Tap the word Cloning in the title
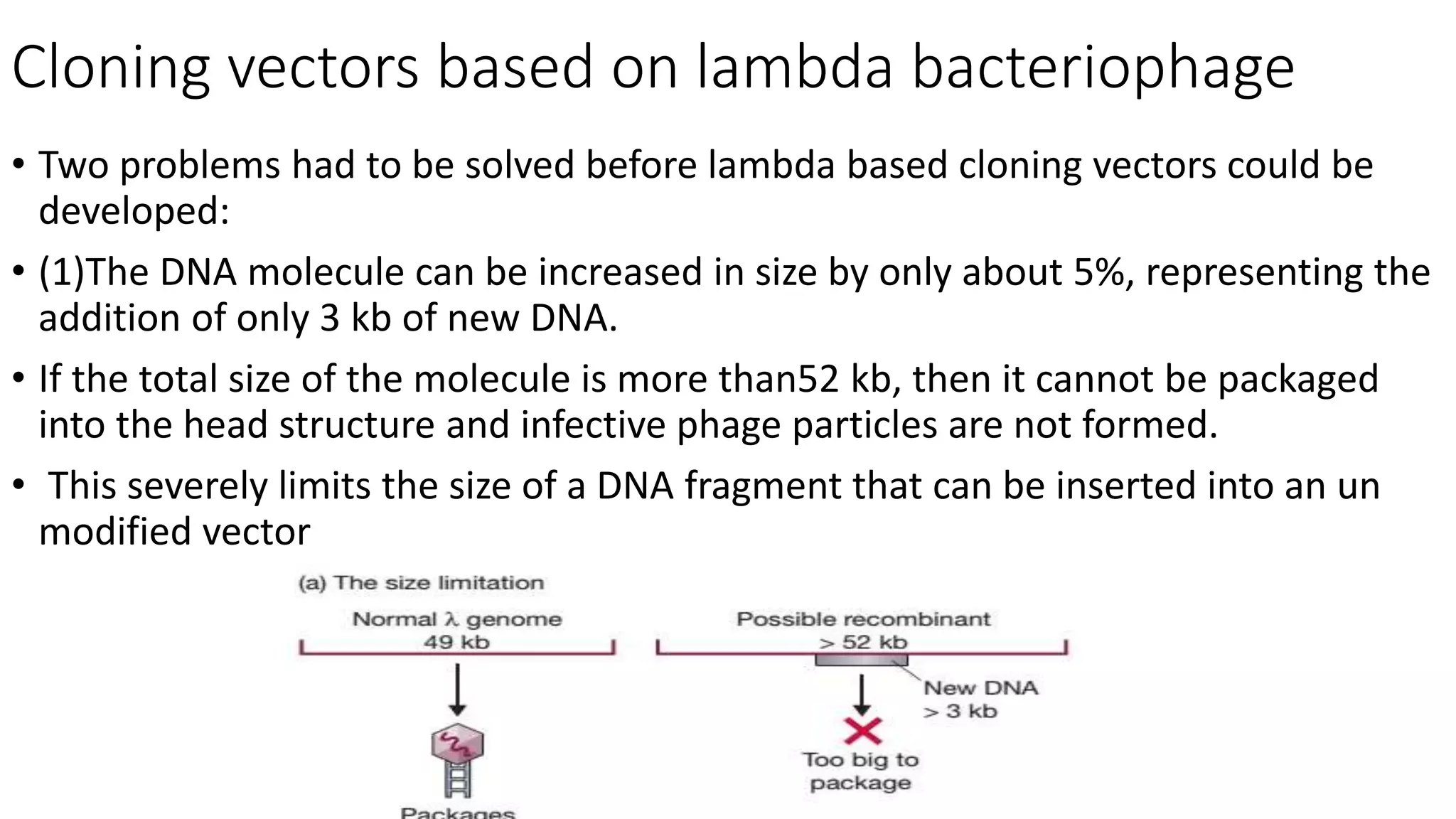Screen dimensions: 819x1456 pos(110,68)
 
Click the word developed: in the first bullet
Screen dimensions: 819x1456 pos(134,211)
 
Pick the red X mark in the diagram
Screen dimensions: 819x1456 pos(862,732)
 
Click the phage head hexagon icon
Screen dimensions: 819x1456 pos(457,745)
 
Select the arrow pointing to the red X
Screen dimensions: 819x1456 pos(862,695)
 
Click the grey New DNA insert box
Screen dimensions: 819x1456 pos(861,660)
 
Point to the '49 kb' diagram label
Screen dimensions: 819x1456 pos(456,642)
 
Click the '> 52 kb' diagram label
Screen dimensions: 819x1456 pos(863,642)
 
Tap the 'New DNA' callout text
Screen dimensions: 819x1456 pos(980,688)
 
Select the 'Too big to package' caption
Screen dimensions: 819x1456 pos(860,771)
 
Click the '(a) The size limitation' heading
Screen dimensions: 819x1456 pos(421,583)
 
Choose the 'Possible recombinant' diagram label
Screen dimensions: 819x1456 pos(863,619)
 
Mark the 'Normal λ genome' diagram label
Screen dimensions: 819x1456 pos(456,619)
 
